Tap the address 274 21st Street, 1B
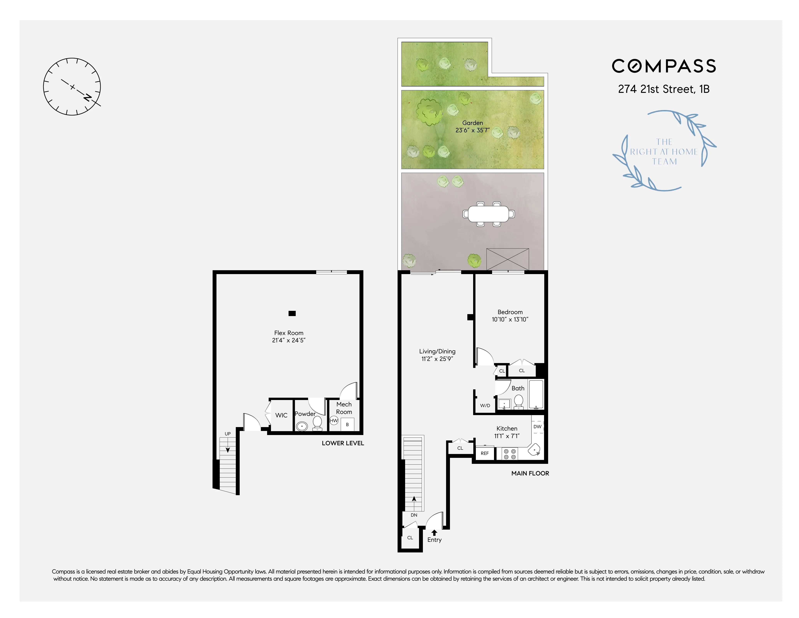point(664,89)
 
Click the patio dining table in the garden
point(488,214)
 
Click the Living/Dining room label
point(437,351)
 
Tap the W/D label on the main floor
point(485,406)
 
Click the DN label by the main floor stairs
point(414,515)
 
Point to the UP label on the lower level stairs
point(227,434)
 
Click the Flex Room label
point(289,333)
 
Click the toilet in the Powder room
point(317,423)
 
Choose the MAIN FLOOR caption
point(530,473)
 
